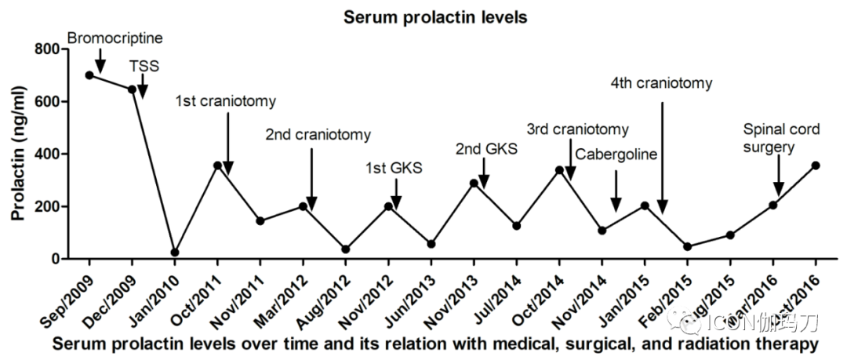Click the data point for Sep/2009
pos(89,75)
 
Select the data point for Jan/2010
pos(175,253)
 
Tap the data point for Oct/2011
pos(217,165)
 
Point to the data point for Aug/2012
pos(346,249)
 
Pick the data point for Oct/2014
pos(559,169)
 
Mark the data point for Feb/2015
pos(688,247)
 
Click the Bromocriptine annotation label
pos(115,37)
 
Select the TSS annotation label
pos(144,67)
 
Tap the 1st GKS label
pos(394,167)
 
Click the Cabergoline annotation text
pos(616,154)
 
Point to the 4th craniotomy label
pos(662,83)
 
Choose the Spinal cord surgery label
pos(780,138)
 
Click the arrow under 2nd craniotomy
pos(311,180)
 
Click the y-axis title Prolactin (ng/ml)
pos(16,153)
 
